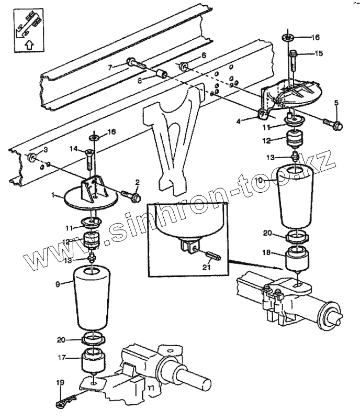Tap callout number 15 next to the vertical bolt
point(319,53)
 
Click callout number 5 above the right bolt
point(335,102)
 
